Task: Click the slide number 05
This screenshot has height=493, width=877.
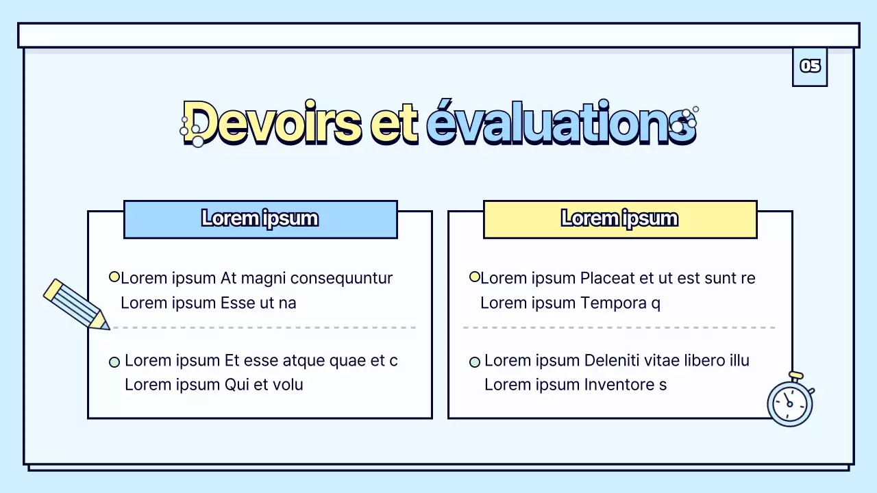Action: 810,66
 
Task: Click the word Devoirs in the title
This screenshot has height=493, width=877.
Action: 272,123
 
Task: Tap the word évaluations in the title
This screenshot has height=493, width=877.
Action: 560,123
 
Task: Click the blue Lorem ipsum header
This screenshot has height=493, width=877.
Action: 260,219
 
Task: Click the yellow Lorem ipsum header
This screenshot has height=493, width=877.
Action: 620,219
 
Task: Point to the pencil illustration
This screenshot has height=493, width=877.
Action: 75,305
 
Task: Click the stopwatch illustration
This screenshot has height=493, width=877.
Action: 790,402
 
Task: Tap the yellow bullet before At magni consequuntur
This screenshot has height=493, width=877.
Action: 114,277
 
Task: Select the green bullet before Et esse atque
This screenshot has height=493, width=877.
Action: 114,362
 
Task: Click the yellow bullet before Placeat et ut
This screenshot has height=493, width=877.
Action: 474,277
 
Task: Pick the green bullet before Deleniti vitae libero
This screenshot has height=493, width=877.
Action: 474,362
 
